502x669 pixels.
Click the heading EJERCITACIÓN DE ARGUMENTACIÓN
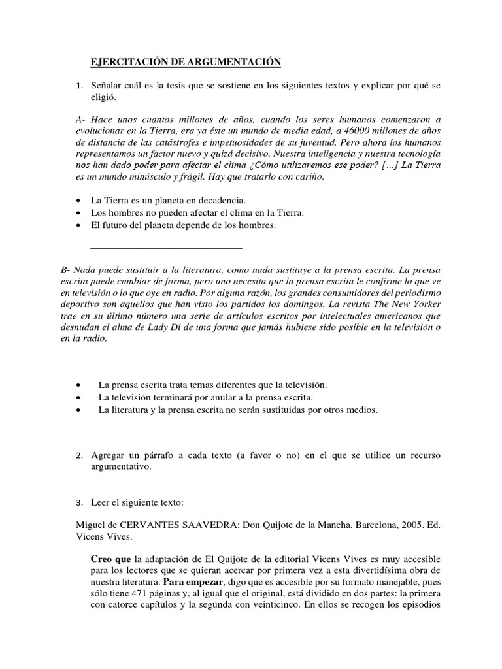click(185, 62)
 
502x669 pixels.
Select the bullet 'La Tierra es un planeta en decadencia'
click(168, 200)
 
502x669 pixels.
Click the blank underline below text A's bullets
click(165, 247)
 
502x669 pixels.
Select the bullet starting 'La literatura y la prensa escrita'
click(238, 410)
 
